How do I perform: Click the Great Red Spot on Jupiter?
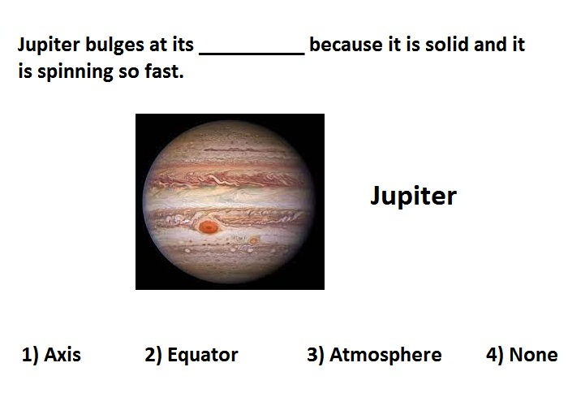[x=208, y=227]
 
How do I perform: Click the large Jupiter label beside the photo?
[x=413, y=197]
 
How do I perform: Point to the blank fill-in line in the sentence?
[x=252, y=54]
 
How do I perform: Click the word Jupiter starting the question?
[x=49, y=45]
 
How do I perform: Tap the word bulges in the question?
[x=115, y=45]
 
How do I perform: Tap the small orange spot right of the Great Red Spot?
[x=253, y=240]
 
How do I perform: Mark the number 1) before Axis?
[x=30, y=355]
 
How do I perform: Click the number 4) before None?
[x=495, y=355]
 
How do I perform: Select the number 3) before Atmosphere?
[x=316, y=355]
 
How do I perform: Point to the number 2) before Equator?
[x=153, y=355]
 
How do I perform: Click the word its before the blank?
[x=182, y=44]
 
